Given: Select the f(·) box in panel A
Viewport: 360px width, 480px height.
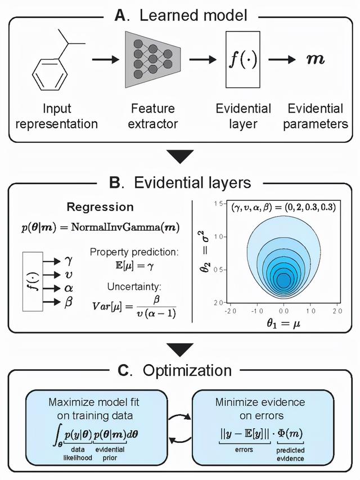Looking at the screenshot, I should click(x=242, y=60).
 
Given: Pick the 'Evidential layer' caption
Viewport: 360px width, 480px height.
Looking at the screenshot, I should click(x=243, y=115).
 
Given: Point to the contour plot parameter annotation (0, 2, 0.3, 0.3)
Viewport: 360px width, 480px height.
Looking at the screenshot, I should click(x=284, y=207).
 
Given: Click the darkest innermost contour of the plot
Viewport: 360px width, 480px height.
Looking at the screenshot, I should click(x=283, y=279).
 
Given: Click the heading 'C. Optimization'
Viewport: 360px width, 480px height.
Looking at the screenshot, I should click(x=180, y=370).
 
